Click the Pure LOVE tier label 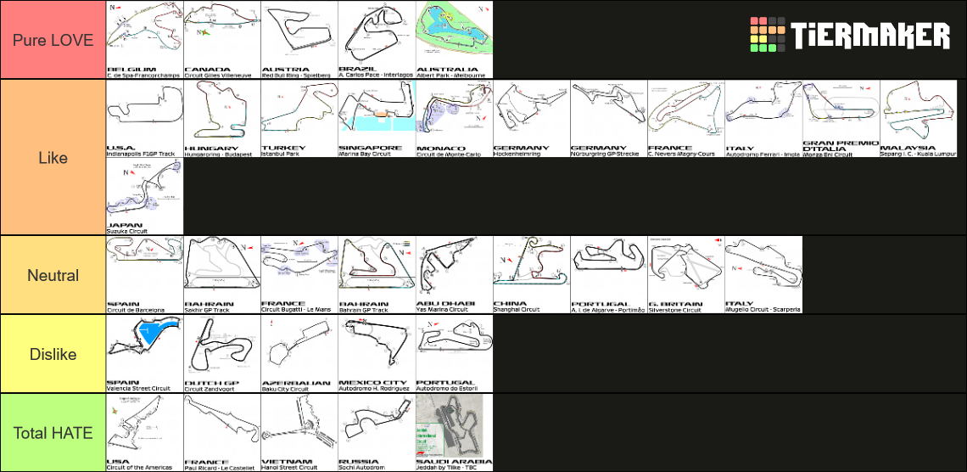click(53, 40)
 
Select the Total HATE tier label click(53, 433)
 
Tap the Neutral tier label click(53, 275)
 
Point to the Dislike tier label click(53, 354)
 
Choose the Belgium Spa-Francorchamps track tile click(145, 40)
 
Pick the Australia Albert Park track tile click(454, 40)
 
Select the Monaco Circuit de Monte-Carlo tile click(454, 119)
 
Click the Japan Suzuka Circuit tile click(145, 196)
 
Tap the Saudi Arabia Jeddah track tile click(454, 433)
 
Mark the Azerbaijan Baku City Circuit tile click(299, 354)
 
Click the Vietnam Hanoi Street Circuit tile click(299, 433)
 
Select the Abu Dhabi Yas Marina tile click(454, 275)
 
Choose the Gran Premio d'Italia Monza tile click(841, 119)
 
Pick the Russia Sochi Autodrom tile click(376, 433)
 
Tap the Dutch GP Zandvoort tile click(221, 354)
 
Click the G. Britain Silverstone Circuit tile click(686, 275)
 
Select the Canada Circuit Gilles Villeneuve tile click(221, 40)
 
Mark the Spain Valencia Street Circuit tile click(145, 354)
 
